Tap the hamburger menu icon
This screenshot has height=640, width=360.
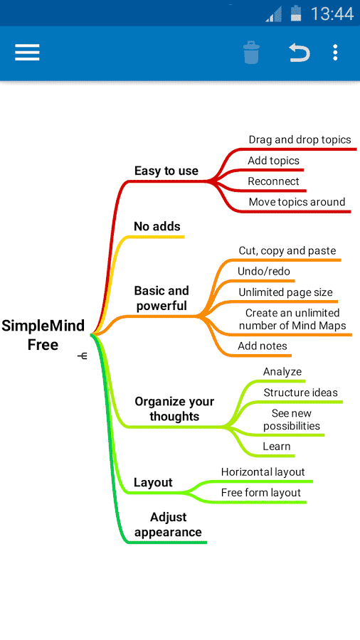pyautogui.click(x=27, y=53)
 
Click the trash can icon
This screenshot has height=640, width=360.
pyautogui.click(x=251, y=52)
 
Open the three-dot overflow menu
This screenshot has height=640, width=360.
pyautogui.click(x=335, y=53)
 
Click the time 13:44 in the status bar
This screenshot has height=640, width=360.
pyautogui.click(x=332, y=14)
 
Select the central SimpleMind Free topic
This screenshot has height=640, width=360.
pyautogui.click(x=43, y=335)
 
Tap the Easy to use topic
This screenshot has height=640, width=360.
pyautogui.click(x=166, y=171)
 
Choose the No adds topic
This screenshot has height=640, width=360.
pyautogui.click(x=157, y=226)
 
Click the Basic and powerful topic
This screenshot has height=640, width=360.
pyautogui.click(x=162, y=298)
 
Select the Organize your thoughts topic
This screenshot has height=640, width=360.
pyautogui.click(x=174, y=409)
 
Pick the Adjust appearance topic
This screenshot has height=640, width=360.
pyautogui.click(x=168, y=525)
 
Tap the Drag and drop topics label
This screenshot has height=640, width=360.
pyautogui.click(x=300, y=139)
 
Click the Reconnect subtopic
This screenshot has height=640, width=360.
pyautogui.click(x=273, y=181)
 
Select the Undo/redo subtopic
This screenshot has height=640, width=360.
pyautogui.click(x=264, y=271)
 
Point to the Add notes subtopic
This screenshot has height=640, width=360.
pyautogui.click(x=263, y=346)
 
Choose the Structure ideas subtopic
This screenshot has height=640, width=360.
pyautogui.click(x=300, y=393)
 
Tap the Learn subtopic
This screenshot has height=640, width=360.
pyautogui.click(x=277, y=446)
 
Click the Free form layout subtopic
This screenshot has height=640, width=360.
pyautogui.click(x=261, y=493)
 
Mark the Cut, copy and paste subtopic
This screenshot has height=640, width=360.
pyautogui.click(x=287, y=250)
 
